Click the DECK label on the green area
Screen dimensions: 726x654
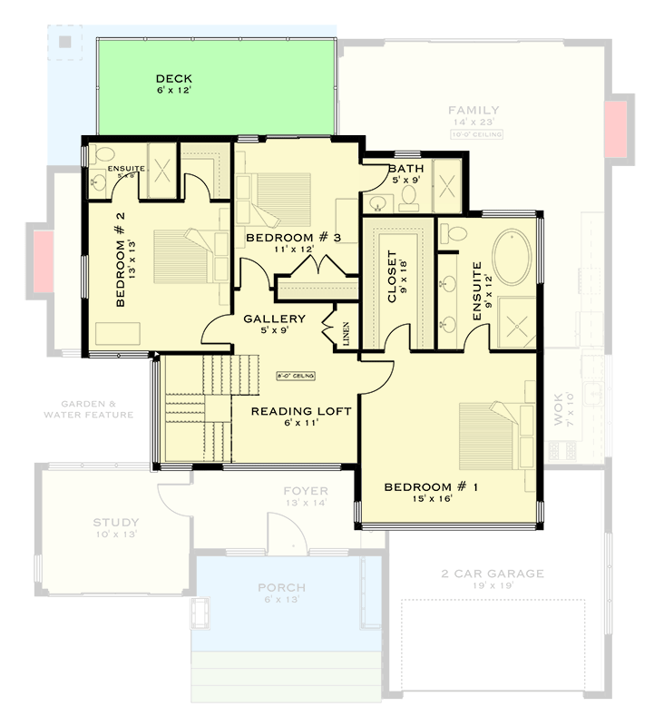click(172, 79)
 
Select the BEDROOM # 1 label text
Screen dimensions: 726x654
click(431, 487)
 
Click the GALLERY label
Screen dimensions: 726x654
click(274, 319)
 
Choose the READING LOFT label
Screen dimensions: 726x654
click(301, 411)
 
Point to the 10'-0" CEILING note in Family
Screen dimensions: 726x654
click(474, 134)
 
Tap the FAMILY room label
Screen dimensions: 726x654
click(473, 111)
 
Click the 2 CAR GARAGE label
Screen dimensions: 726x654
click(493, 573)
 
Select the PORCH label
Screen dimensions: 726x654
click(281, 587)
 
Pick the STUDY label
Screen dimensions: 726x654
click(116, 523)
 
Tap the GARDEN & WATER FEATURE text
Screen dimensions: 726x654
click(88, 409)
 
